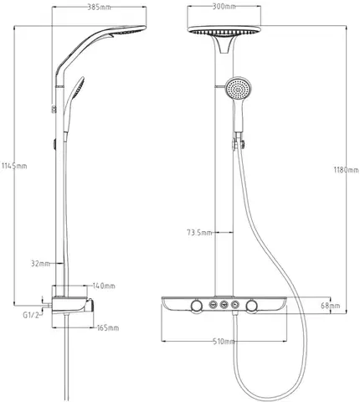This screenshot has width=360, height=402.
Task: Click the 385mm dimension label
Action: tap(99, 8)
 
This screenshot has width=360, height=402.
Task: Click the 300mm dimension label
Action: tap(224, 7)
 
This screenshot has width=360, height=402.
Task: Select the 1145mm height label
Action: tap(14, 166)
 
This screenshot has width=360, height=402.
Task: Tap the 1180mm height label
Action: tap(347, 170)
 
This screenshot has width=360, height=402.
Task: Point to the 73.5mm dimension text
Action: tap(199, 233)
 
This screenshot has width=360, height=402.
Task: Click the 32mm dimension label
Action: tap(40, 263)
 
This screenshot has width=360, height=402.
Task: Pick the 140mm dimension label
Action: tap(104, 286)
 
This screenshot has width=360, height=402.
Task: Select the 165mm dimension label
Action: tap(108, 327)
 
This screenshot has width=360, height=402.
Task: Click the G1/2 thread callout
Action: tap(30, 315)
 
